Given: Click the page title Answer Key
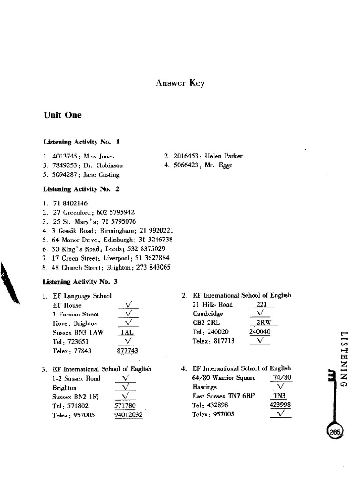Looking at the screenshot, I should pos(180,83).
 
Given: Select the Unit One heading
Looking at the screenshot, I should pos(62,115).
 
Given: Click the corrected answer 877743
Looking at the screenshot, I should pos(127,350).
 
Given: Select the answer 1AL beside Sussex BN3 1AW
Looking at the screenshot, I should pos(127,332).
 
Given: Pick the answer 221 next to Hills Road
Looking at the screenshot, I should pos(262,304).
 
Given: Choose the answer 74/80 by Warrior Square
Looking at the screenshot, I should pos(281,378).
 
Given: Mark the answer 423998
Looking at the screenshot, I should pos(280,405).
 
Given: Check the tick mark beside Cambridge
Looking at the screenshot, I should pos(262,313).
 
